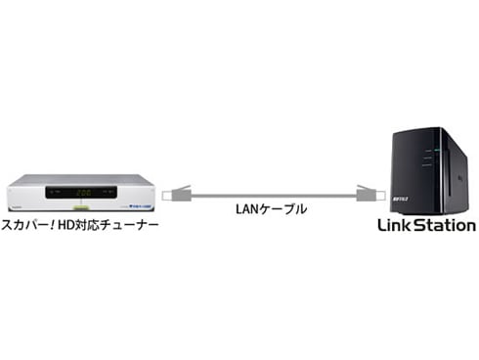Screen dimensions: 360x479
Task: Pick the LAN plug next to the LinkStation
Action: pos(364,192)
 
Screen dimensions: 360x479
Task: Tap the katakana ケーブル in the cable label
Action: pos(285,209)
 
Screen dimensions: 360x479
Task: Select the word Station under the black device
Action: pos(448,226)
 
